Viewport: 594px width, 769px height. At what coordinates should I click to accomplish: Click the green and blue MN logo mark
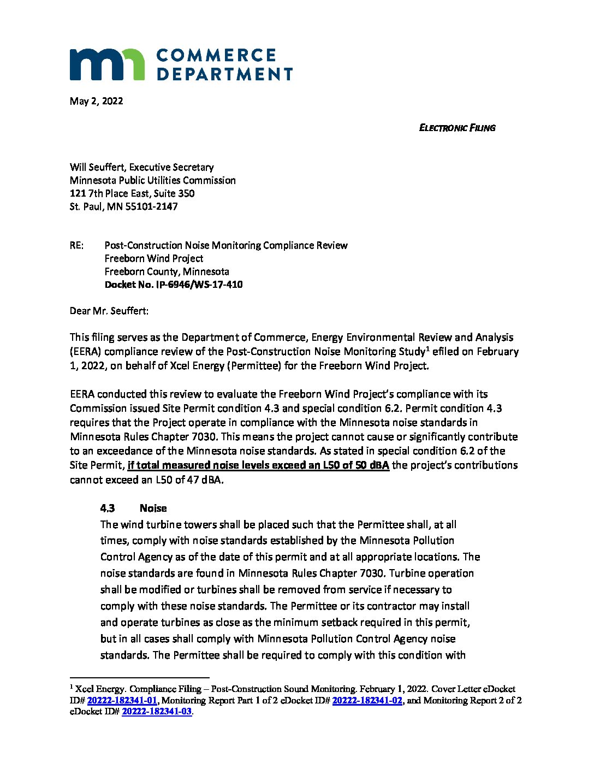click(x=107, y=64)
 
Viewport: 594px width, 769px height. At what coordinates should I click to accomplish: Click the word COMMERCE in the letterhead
click(x=216, y=56)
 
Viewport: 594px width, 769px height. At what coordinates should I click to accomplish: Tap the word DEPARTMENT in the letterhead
click(x=224, y=74)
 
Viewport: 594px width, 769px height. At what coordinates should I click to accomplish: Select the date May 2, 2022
click(x=96, y=101)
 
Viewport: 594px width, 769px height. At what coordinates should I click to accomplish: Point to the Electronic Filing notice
click(x=457, y=128)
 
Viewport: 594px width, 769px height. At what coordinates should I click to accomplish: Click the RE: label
click(x=77, y=245)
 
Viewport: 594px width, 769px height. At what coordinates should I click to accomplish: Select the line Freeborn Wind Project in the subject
click(x=154, y=258)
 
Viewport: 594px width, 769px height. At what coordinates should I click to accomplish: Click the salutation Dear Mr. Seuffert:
click(x=109, y=311)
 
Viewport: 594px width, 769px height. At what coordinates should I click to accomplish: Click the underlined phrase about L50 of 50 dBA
click(x=258, y=465)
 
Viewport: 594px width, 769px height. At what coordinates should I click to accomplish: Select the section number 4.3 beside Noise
click(x=108, y=508)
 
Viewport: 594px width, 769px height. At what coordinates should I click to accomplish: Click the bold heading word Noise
click(x=153, y=508)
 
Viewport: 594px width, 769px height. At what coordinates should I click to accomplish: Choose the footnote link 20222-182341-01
click(x=122, y=700)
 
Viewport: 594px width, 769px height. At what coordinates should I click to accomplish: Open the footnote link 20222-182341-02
click(x=367, y=700)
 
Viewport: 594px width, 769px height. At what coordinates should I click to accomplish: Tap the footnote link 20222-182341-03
click(x=157, y=712)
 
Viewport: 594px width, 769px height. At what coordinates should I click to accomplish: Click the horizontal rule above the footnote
click(x=140, y=678)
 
